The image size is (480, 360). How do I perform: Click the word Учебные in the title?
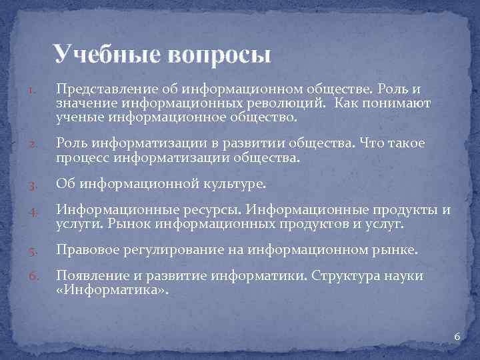(x=105, y=53)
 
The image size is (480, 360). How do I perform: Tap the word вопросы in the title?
(x=216, y=53)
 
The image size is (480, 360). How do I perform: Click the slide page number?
(x=457, y=337)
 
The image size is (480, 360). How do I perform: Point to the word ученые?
(x=79, y=117)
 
